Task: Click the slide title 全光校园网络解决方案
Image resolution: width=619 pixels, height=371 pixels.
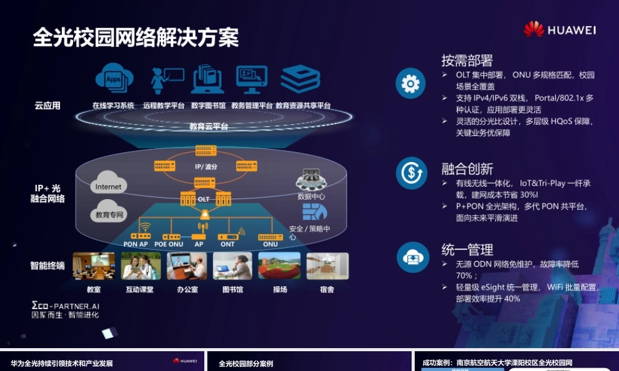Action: click(136, 38)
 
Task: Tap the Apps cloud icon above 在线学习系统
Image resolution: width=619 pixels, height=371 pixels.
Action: click(114, 78)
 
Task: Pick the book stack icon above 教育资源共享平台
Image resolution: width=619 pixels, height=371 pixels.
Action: click(300, 79)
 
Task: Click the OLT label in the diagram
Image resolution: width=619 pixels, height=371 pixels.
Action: click(204, 199)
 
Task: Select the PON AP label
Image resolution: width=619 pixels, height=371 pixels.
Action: click(135, 244)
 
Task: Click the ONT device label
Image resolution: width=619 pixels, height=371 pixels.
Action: click(228, 244)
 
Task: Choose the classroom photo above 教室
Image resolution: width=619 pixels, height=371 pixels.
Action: click(93, 266)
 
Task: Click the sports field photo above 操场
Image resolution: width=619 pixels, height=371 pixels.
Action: click(279, 266)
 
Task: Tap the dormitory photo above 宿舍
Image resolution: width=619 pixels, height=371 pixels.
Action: click(327, 266)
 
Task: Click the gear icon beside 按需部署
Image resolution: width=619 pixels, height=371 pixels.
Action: click(410, 83)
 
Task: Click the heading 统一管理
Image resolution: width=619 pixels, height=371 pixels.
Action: click(467, 250)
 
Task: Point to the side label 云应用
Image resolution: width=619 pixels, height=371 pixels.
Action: click(48, 106)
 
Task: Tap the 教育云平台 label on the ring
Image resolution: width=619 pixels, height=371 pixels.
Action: click(209, 126)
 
